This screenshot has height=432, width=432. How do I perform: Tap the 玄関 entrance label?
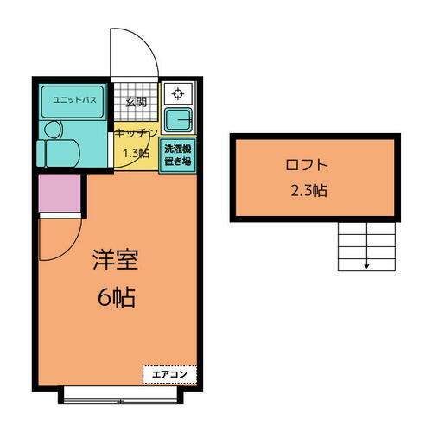click(137, 102)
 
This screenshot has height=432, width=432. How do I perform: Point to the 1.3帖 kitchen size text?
click(137, 153)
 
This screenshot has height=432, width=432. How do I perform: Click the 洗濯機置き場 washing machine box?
click(180, 154)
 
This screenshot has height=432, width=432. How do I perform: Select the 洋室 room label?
click(115, 259)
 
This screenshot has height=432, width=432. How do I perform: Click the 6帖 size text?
click(115, 298)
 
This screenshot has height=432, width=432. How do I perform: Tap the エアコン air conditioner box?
click(169, 374)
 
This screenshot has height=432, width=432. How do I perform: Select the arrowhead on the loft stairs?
click(366, 265)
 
